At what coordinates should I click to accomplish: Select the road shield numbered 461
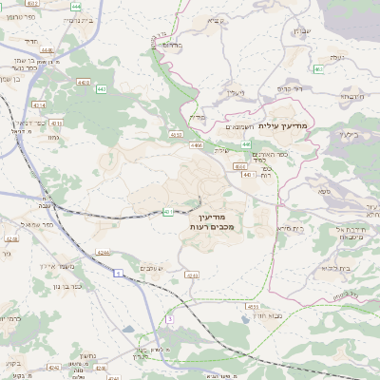click(317, 69)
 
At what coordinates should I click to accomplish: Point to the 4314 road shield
click(38, 105)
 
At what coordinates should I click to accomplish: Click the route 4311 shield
click(55, 123)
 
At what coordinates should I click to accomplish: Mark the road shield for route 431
click(168, 212)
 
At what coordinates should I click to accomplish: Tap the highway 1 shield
click(118, 273)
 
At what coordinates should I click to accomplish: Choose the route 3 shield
click(169, 319)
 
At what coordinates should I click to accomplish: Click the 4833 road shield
click(253, 307)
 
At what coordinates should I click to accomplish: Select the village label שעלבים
click(150, 270)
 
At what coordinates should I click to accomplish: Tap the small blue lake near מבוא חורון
click(127, 329)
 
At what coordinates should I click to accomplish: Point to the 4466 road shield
click(197, 145)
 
